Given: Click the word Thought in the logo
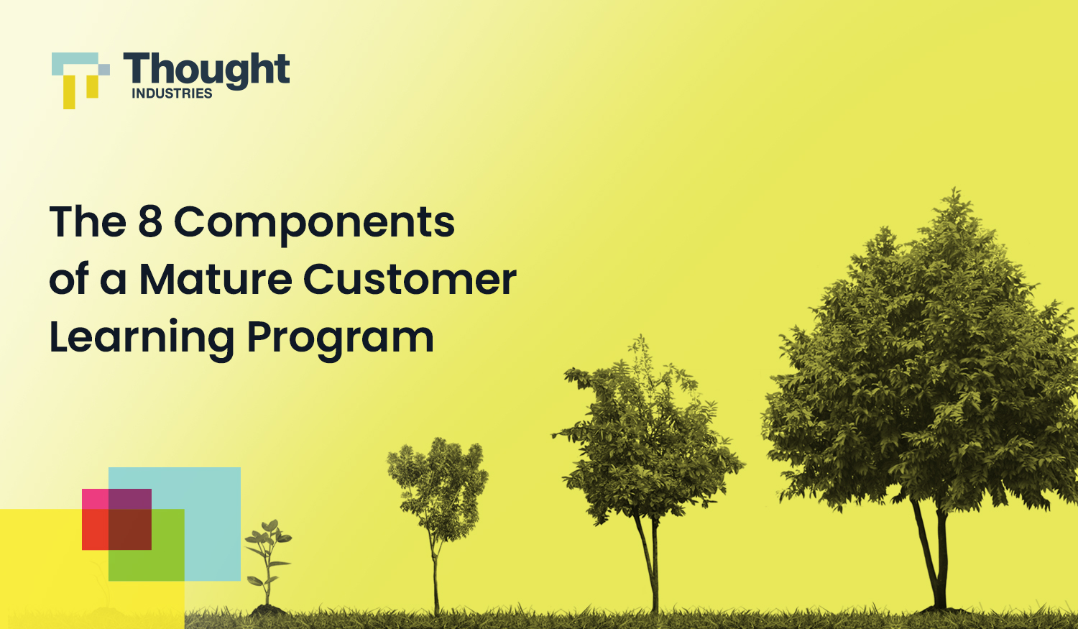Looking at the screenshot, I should (x=206, y=70).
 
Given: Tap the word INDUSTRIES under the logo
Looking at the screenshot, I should (x=172, y=93).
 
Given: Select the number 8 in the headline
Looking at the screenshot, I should (x=149, y=221).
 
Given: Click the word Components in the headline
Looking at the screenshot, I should (x=314, y=223).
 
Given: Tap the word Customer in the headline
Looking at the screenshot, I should (x=410, y=279).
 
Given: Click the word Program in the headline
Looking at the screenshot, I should (x=340, y=338).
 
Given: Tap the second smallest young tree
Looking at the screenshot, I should (x=437, y=489).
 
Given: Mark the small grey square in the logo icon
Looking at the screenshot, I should (x=104, y=70).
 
